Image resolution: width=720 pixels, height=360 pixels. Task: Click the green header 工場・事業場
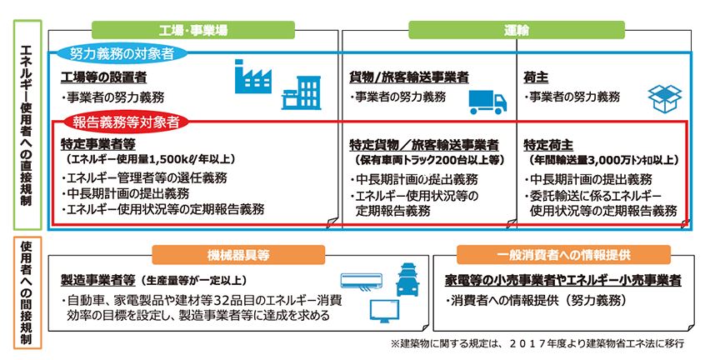(193, 30)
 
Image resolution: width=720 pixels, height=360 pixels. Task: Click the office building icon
(300, 93)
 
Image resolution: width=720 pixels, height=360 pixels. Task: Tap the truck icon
(487, 99)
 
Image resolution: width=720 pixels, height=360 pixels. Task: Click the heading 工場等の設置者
(104, 77)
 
